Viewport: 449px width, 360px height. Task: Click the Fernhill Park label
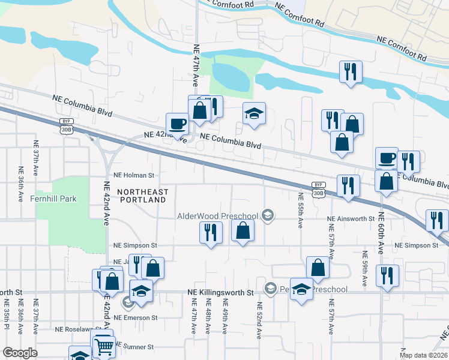click(x=55, y=199)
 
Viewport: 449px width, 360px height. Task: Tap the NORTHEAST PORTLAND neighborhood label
click(x=143, y=196)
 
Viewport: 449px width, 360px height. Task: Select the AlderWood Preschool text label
click(x=217, y=216)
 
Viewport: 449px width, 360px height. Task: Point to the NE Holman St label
click(x=134, y=175)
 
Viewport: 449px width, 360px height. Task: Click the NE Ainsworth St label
click(x=351, y=219)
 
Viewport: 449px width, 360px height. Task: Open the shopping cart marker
click(x=104, y=346)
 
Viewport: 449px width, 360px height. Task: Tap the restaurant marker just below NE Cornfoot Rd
click(x=349, y=71)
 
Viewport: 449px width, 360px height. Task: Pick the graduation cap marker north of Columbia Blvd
click(x=254, y=112)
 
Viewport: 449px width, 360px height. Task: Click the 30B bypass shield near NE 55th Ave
click(x=318, y=189)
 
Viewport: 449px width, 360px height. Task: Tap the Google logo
click(x=20, y=353)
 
